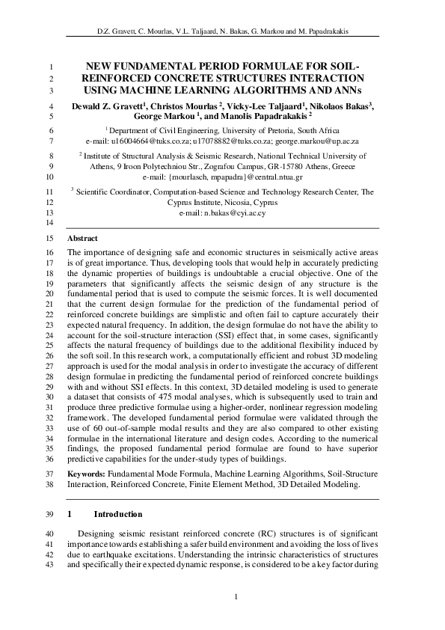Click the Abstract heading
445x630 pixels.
82,238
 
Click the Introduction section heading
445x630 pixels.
117,515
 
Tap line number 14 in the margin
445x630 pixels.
50,224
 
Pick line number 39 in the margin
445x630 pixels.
50,515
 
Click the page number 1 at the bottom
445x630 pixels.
236,596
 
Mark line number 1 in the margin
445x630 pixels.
50,66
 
